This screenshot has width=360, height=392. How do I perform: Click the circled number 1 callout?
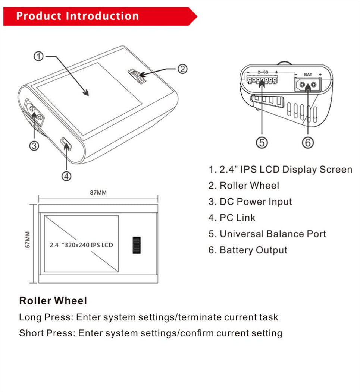click(x=39, y=57)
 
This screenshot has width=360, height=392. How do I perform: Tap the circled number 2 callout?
click(x=182, y=69)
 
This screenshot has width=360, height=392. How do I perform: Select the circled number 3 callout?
click(x=34, y=146)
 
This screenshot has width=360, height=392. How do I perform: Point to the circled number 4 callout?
click(x=66, y=176)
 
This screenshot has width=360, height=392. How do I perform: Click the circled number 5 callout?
click(x=262, y=143)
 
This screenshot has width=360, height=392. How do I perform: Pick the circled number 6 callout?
click(x=308, y=143)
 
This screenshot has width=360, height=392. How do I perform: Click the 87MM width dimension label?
click(x=98, y=193)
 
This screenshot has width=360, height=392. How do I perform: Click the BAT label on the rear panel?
click(x=308, y=75)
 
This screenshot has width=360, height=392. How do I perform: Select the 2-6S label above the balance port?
click(x=263, y=71)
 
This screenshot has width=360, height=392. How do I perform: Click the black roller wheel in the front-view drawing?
click(x=137, y=245)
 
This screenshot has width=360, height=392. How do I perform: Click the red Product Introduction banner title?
click(x=78, y=16)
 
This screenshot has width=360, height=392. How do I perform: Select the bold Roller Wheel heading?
click(x=53, y=301)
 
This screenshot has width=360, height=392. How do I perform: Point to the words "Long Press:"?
click(x=45, y=317)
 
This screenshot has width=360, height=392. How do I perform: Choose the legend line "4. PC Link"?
click(x=232, y=218)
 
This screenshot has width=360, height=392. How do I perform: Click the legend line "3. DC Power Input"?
click(x=250, y=202)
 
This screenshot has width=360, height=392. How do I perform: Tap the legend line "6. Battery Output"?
click(x=248, y=250)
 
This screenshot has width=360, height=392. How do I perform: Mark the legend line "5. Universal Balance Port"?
click(x=267, y=234)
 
